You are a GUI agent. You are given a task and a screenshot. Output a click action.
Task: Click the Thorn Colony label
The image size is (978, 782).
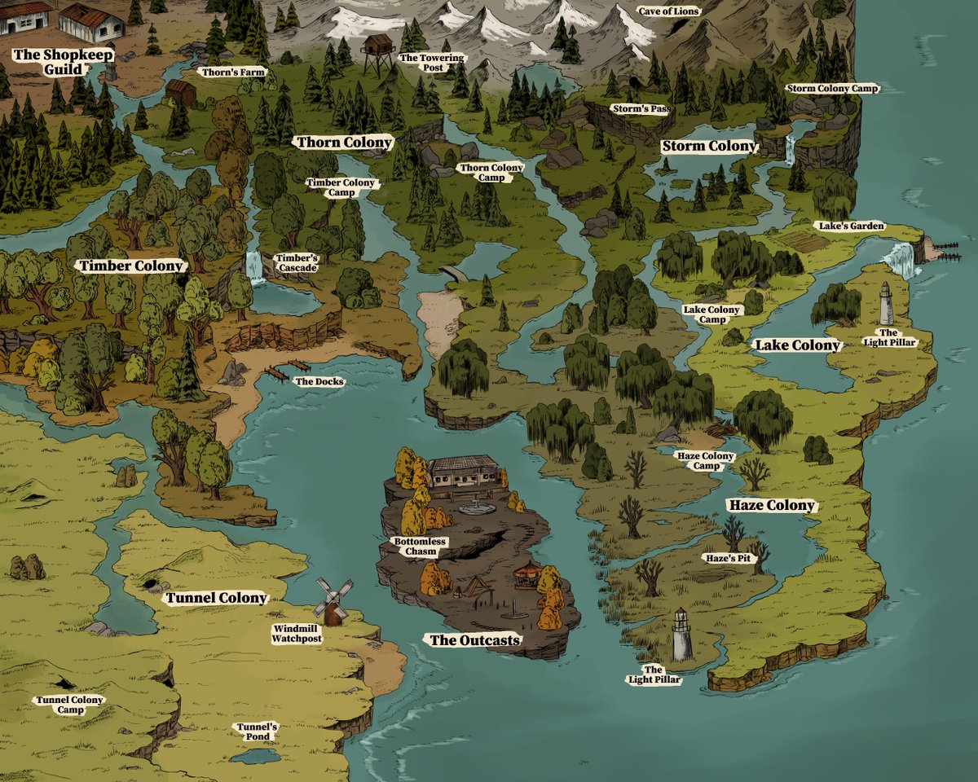[344, 143]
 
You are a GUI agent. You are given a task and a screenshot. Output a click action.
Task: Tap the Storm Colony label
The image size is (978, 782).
[708, 147]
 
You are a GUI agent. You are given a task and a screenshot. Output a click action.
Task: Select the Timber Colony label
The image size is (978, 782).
[130, 266]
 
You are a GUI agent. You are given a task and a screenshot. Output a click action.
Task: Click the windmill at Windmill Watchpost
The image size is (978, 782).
[333, 600]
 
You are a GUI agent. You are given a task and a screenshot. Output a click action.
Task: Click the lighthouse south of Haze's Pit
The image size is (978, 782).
[681, 635]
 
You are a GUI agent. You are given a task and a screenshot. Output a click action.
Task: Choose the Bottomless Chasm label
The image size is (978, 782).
[415, 547]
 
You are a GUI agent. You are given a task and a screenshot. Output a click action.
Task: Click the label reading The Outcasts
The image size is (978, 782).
[474, 640]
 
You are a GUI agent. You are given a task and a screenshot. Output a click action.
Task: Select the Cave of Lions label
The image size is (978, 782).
[668, 11]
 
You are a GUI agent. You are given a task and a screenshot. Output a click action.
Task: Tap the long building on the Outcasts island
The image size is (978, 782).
[462, 471]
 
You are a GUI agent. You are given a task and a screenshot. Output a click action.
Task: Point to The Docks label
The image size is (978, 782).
[319, 381]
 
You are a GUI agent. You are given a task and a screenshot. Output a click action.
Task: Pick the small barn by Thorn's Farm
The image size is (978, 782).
[180, 92]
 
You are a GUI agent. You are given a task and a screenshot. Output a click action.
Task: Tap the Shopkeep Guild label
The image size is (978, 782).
[63, 62]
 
